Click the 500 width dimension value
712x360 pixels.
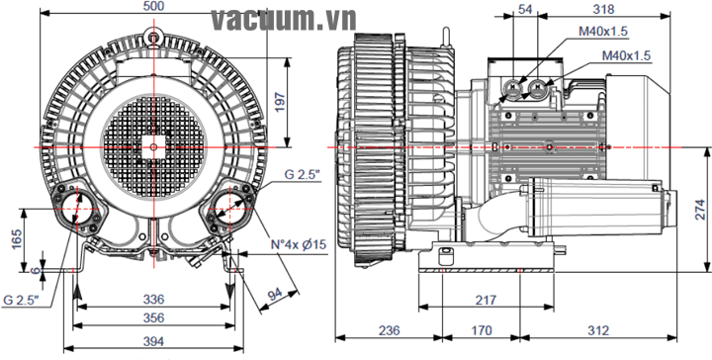153,6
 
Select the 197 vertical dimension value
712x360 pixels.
279,102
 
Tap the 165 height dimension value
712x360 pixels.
17,239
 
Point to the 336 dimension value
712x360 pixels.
153,300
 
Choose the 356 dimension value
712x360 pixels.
153,317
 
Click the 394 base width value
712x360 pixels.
153,341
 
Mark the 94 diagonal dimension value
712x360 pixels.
275,295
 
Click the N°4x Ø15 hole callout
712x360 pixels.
299,244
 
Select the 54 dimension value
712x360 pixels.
525,9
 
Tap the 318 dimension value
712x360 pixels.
603,9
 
